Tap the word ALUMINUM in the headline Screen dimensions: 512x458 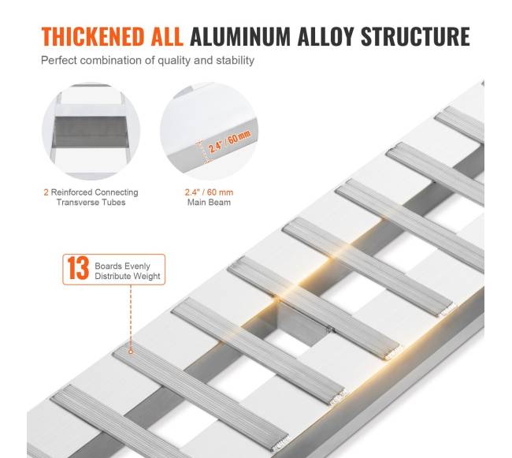tap(240, 36)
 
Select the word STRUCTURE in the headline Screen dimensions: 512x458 tap(415, 36)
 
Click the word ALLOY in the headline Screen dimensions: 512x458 tap(325, 36)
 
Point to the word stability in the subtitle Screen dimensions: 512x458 tap(235, 61)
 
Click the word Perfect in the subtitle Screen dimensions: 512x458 tap(59, 61)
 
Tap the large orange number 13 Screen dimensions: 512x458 tap(78, 269)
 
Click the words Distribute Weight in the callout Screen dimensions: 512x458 tap(128, 277)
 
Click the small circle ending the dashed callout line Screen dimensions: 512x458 tap(131, 352)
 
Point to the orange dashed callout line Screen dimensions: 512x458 tap(131, 317)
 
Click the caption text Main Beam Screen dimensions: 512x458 tap(209, 203)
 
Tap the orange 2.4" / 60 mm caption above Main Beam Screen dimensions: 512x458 tap(209, 192)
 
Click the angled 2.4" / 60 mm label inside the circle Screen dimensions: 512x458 tap(229, 141)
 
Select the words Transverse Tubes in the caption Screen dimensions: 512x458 tap(91, 203)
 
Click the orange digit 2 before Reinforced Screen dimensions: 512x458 tap(46, 192)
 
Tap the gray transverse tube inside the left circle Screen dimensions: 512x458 tap(91, 132)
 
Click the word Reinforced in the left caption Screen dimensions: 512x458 tap(71, 192)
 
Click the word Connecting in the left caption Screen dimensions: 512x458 tap(116, 192)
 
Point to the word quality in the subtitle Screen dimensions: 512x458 tap(174, 61)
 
